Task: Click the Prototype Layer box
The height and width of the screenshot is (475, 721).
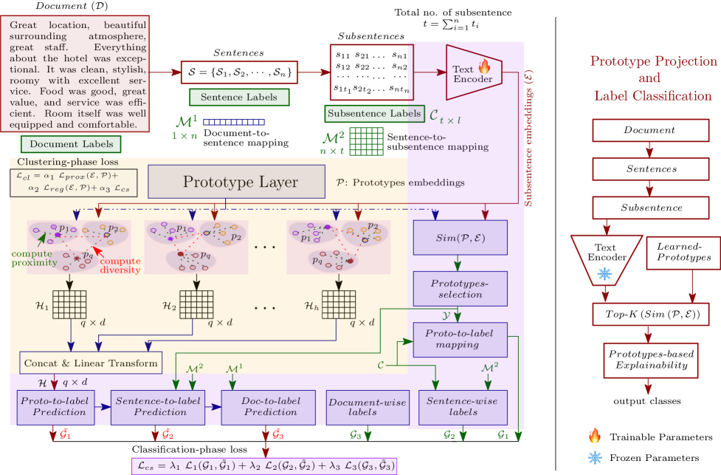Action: click(x=236, y=182)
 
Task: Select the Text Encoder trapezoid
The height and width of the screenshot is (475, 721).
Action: click(x=473, y=72)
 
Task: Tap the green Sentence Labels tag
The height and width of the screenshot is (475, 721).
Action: click(x=239, y=97)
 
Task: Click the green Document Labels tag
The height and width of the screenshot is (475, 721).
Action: click(x=71, y=143)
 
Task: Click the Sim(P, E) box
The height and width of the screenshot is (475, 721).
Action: click(x=460, y=237)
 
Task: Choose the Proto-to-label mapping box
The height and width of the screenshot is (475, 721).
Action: click(x=460, y=339)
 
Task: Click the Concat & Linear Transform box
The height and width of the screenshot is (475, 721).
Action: click(x=91, y=363)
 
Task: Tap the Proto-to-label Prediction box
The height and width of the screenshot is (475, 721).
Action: click(x=56, y=407)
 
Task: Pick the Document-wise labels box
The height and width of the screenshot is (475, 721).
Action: click(x=367, y=407)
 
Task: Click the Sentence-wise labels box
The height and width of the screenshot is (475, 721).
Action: click(x=463, y=407)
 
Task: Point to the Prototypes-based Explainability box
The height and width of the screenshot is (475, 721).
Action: click(x=650, y=360)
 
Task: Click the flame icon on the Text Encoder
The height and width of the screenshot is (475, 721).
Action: click(x=484, y=66)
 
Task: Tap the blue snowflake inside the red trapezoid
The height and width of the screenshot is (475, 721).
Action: click(x=604, y=274)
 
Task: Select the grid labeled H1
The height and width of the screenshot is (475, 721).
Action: click(x=69, y=304)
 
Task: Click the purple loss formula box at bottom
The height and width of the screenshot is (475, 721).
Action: click(x=264, y=465)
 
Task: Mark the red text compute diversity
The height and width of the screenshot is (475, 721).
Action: click(x=120, y=265)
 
